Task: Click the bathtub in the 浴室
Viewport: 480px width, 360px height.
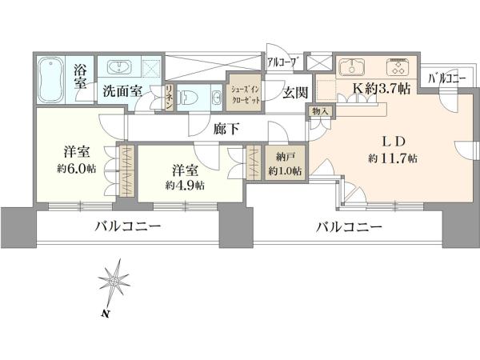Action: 51,80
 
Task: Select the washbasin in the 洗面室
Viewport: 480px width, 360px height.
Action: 120,66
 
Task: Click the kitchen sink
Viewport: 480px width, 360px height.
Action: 352,66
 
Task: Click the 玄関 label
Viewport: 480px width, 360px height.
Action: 294,92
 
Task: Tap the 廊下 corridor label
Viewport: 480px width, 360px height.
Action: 226,129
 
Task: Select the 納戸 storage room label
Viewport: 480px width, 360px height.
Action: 285,158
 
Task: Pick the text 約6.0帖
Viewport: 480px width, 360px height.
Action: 76,168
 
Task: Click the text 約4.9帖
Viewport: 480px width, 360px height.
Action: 185,185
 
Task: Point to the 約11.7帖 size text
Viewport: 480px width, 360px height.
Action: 393,158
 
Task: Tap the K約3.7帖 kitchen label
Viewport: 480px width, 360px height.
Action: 382,89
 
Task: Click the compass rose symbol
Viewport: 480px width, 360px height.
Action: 114,282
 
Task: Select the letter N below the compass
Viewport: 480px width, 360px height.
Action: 106,313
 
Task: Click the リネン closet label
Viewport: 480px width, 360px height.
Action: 170,98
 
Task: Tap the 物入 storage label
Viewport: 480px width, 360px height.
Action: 320,111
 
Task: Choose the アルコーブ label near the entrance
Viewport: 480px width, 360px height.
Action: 282,62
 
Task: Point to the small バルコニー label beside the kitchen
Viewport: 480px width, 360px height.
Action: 446,79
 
